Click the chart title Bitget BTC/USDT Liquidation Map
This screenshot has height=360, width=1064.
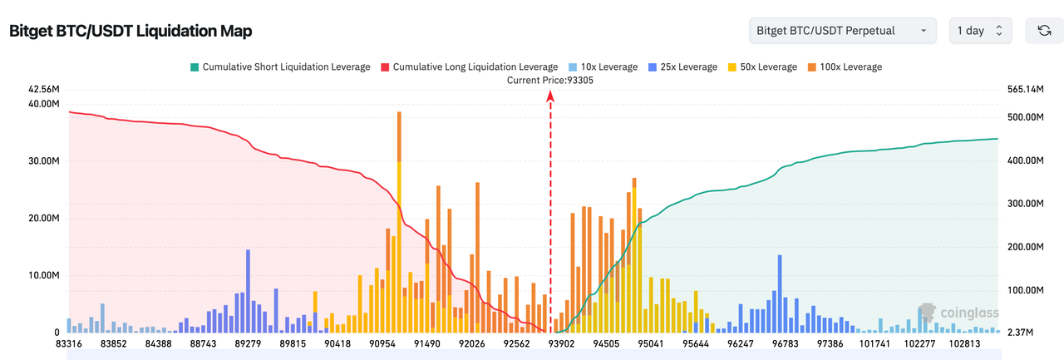131,32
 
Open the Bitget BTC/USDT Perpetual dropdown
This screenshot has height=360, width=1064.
842,31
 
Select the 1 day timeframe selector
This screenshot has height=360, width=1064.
981,31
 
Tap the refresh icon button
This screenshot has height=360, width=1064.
1044,31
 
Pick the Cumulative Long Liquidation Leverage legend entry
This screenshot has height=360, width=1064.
469,67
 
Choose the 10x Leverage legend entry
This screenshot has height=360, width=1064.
604,67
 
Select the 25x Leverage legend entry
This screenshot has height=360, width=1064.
684,67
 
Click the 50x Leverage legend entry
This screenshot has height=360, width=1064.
762,67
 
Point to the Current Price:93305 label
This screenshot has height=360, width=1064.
550,80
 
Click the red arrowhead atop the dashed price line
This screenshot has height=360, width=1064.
550,96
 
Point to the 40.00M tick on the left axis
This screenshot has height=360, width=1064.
43,104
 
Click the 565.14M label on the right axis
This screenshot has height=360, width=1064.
1025,89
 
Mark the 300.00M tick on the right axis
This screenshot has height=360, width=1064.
1025,204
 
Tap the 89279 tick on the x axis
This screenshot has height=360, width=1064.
249,343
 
